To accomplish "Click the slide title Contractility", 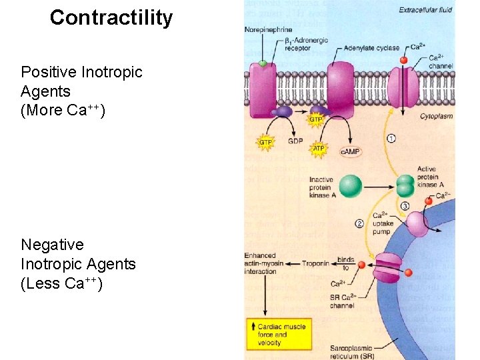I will click(111, 17).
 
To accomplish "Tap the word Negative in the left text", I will click(52, 245).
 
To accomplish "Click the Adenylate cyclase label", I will click(372, 48).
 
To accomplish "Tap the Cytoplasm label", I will click(436, 116).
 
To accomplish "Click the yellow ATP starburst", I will click(319, 149).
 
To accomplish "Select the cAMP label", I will click(350, 151).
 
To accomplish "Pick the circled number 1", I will click(391, 139).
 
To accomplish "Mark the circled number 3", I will click(405, 206).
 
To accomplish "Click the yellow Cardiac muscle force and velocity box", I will click(278, 334).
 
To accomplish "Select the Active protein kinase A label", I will click(427, 177).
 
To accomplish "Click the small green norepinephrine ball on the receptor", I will click(263, 63).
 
